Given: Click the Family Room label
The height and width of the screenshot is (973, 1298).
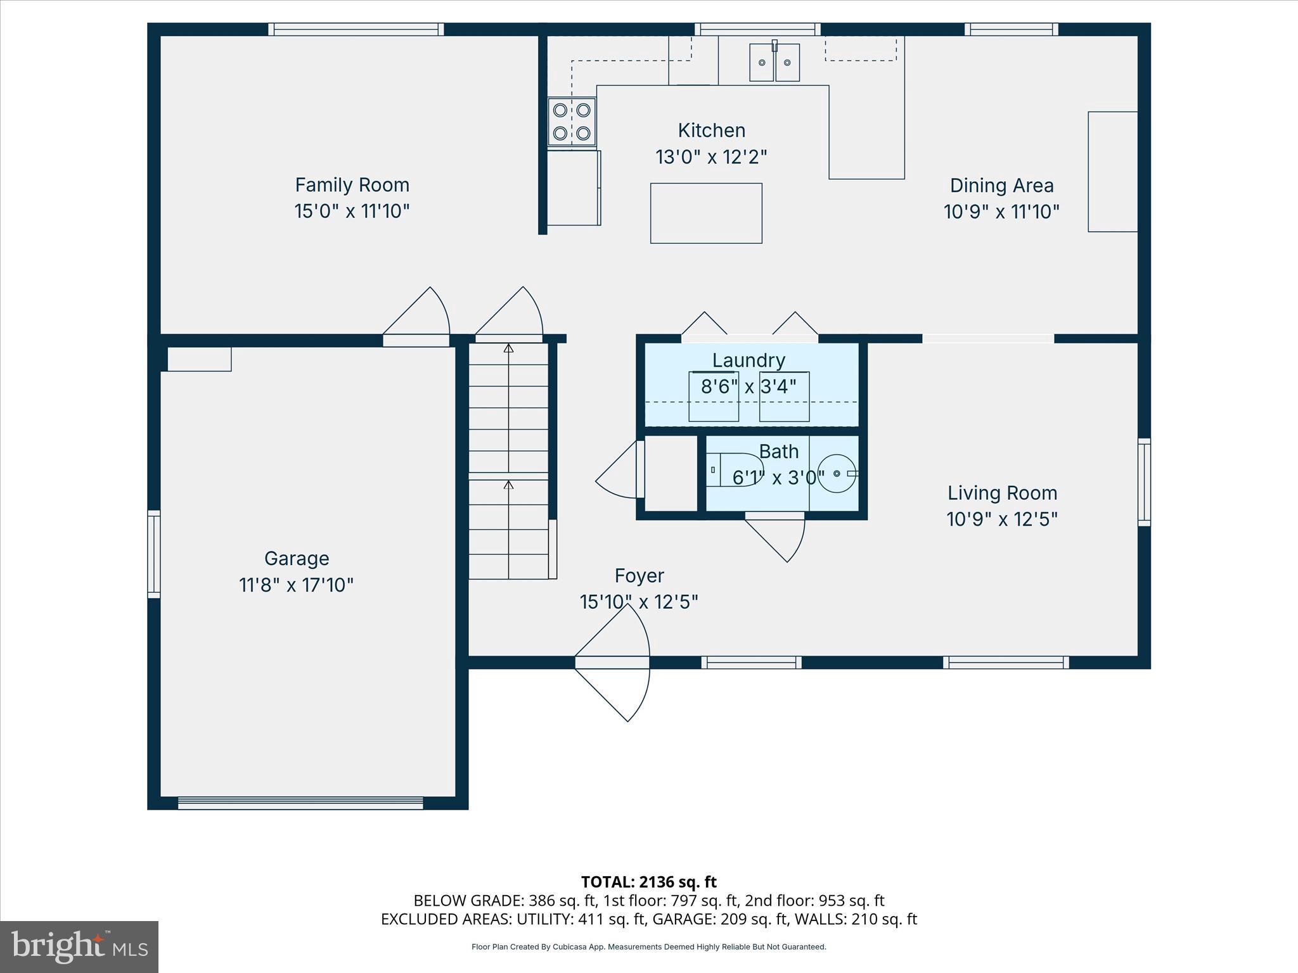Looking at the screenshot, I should pos(352,185).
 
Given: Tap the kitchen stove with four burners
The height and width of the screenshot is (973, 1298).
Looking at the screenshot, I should pos(572,122).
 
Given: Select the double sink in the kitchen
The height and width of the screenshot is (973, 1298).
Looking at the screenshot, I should pos(774,63).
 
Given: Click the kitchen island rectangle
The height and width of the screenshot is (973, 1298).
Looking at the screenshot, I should pos(706,213).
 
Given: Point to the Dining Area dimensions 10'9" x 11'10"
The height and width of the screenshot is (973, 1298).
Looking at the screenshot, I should pos(1001,212).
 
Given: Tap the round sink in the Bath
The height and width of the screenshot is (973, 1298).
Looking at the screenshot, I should pos(837,473).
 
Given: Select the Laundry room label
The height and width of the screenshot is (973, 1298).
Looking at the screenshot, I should pos(749,360).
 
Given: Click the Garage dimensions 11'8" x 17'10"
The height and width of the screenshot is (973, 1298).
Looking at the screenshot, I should pos(296,585).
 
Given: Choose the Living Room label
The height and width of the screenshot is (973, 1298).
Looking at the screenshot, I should pos(1002,493).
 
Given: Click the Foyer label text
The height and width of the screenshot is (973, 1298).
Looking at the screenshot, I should pos(639,576).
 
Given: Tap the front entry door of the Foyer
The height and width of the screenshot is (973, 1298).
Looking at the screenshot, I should pos(612,663).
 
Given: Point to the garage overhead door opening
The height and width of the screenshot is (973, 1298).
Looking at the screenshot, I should pos(300,803).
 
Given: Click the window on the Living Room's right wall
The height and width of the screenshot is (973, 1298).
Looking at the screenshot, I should pos(1144,482).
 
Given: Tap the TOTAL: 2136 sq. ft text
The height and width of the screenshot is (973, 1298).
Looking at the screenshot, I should pos(648,882).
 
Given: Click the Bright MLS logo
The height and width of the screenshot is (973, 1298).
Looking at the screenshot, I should pos(79,946).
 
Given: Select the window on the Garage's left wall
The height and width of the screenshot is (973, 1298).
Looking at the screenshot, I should pos(154,554).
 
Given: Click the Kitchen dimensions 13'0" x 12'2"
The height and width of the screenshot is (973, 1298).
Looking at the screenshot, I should pos(711,157).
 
